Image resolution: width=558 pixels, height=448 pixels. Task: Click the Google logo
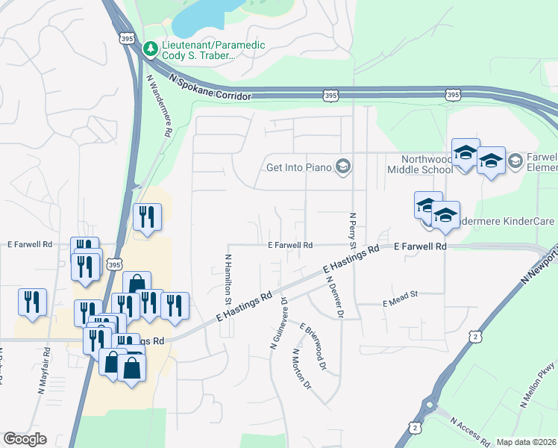point(25,439)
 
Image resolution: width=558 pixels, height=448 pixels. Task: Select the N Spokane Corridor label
point(210,87)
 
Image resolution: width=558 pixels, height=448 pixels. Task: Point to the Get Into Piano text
point(298,166)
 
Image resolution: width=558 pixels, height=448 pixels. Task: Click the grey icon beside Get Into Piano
point(343,166)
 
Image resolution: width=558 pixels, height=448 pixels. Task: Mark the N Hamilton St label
point(228,277)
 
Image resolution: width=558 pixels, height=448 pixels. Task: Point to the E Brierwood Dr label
point(313,346)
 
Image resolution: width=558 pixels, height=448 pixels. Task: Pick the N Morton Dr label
point(301,369)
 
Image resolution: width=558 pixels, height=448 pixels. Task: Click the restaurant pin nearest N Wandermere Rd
point(146,217)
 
